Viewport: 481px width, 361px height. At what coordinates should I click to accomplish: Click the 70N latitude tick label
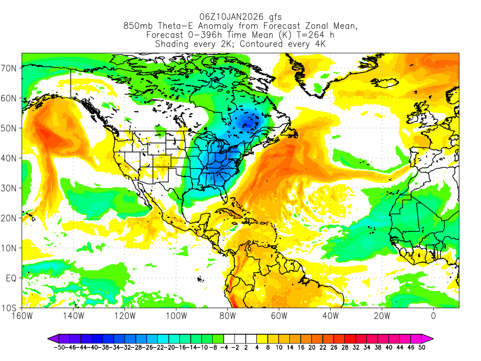(x=10, y=68)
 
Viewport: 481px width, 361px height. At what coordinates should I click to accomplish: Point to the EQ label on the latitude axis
(x=11, y=278)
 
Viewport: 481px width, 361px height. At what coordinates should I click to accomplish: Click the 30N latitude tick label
(x=10, y=188)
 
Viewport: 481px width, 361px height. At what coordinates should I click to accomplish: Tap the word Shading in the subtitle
(x=172, y=44)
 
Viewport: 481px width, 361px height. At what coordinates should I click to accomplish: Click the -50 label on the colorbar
(x=58, y=347)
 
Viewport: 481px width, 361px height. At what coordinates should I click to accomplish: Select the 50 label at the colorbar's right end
(x=421, y=347)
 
